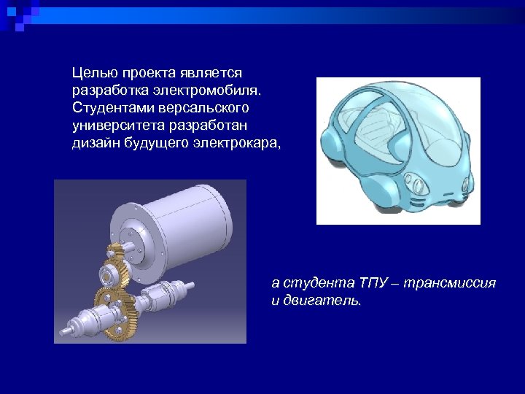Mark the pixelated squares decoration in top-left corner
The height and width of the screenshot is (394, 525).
17,15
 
